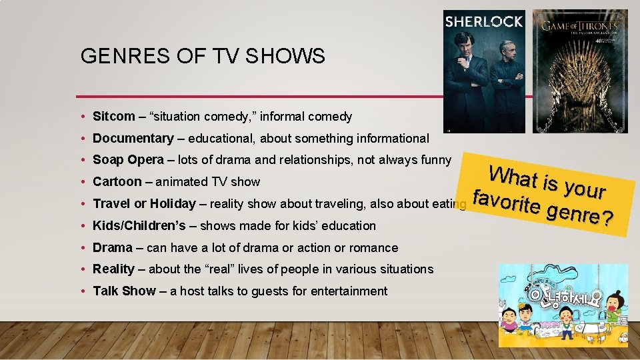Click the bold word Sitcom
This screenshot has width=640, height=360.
(x=113, y=117)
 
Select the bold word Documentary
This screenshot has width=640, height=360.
(x=133, y=139)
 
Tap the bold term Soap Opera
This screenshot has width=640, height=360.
(x=128, y=160)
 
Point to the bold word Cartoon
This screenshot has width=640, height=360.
(x=117, y=182)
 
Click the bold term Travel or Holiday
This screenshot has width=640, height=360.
(x=144, y=204)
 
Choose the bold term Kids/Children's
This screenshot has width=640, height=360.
(x=139, y=226)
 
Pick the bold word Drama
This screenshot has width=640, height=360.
(x=112, y=248)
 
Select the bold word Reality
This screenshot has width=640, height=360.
(x=113, y=269)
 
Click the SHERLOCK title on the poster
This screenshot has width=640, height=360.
(x=484, y=21)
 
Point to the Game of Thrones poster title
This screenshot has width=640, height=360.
(x=579, y=27)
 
